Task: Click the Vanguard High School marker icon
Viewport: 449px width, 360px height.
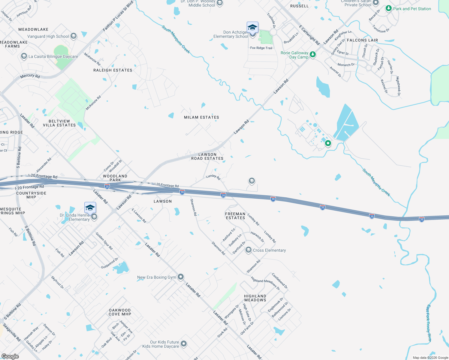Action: (74, 36)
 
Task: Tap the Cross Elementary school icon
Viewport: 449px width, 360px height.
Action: (248, 250)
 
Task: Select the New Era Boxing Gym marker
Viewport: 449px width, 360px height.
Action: (181, 277)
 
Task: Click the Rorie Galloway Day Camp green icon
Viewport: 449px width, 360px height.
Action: (313, 54)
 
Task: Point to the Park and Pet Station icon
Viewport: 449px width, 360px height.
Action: (389, 8)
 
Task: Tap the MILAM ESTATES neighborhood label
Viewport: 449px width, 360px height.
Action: (201, 117)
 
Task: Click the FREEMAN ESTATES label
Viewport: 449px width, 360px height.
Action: (235, 216)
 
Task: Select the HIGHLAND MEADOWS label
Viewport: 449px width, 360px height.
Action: (255, 298)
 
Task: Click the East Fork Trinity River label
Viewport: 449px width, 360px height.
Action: (429, 323)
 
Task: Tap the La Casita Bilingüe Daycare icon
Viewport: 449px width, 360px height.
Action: (24, 56)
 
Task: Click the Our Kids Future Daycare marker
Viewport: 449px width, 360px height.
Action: (184, 344)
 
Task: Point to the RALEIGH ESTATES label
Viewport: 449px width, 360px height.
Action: (113, 70)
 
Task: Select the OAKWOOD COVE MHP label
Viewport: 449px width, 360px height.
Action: (120, 312)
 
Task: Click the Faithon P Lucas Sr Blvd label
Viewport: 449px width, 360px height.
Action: (118, 16)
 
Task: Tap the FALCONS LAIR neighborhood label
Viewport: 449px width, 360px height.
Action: (362, 40)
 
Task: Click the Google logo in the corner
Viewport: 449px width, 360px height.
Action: (10, 356)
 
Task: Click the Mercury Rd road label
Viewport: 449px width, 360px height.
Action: (30, 76)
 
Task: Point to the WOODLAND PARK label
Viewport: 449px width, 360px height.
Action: (115, 178)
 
